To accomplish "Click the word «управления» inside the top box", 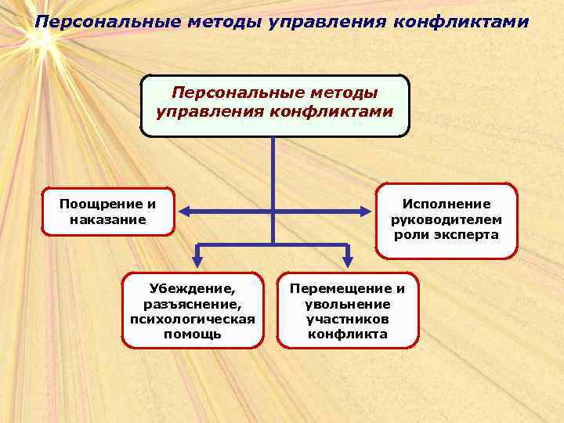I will coord(209,110).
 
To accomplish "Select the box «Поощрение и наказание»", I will coord(108,211).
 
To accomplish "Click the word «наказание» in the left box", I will coord(108,219).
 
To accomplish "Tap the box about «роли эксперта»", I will coord(446,220).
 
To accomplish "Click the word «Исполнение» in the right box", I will coord(446,204).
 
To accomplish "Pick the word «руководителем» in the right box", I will coord(446,219).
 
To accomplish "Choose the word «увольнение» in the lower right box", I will coord(348,303).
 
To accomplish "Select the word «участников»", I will coord(348,319).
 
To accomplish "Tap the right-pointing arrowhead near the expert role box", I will coord(366,210).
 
